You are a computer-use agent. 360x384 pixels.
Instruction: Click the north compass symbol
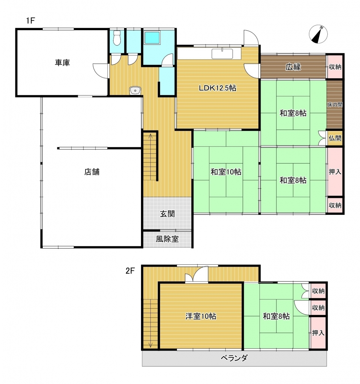click(318, 34)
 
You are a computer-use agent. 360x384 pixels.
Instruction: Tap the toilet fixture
click(117, 38)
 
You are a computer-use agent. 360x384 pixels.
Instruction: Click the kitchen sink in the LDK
click(222, 54)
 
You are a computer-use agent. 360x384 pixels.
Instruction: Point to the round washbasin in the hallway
click(135, 90)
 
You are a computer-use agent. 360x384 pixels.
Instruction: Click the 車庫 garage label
click(63, 63)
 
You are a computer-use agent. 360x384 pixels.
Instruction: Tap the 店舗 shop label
click(92, 172)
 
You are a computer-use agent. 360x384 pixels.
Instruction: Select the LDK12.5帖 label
click(217, 88)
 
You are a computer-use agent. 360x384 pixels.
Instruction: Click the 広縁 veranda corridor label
click(293, 67)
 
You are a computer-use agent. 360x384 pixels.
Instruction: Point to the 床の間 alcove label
click(335, 105)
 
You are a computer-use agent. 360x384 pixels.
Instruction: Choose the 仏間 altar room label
click(335, 138)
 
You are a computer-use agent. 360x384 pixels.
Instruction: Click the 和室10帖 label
click(226, 172)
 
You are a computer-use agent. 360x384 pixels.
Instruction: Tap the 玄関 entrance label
click(167, 214)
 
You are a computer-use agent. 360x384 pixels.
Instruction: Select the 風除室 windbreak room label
click(167, 239)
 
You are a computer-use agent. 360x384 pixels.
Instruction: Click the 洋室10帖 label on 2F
click(201, 316)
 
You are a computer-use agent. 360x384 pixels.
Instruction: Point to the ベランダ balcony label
click(234, 358)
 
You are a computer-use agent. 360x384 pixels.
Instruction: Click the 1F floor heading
click(31, 21)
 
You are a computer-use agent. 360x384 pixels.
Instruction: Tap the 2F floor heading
click(130, 271)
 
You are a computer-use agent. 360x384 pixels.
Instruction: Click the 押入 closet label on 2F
click(318, 333)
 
